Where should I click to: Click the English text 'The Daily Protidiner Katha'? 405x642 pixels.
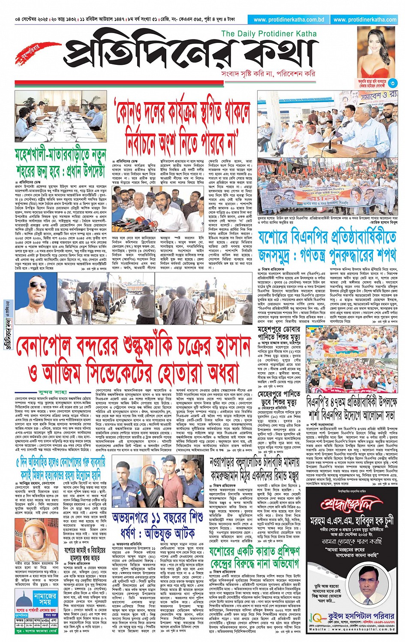pyautogui.click(x=269, y=34)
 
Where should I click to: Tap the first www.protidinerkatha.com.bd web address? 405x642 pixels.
pyautogui.click(x=289, y=19)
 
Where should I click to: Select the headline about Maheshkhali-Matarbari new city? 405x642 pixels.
pyautogui.click(x=60, y=161)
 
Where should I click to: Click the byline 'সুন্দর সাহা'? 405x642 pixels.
pyautogui.click(x=53, y=392)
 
